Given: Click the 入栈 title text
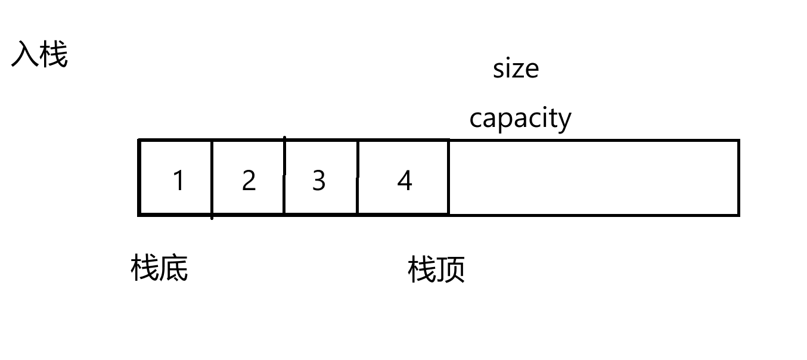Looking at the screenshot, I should (x=39, y=55).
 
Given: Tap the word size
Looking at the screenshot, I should (x=516, y=69).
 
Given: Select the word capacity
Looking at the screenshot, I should (x=520, y=119).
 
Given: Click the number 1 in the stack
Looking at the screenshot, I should (x=178, y=180).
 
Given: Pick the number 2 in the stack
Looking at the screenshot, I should (x=249, y=180).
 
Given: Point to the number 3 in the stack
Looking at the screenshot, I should (x=319, y=180).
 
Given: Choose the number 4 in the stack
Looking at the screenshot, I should (x=405, y=180).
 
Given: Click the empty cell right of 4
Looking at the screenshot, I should (x=593, y=178).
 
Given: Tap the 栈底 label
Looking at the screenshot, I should (x=159, y=269).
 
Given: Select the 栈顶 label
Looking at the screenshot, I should (x=436, y=270).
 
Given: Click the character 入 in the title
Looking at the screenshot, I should (x=25, y=55).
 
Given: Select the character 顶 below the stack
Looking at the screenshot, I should (x=451, y=270).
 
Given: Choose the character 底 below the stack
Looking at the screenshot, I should (x=173, y=269).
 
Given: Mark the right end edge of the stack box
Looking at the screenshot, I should (x=739, y=178).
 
